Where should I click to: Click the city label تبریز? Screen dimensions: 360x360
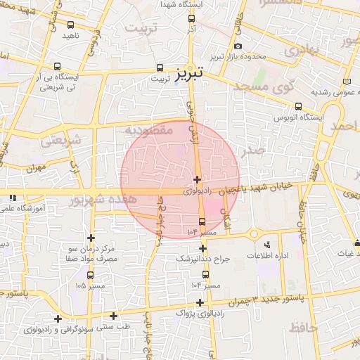click(189, 72)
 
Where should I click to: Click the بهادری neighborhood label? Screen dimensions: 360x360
click(303, 49)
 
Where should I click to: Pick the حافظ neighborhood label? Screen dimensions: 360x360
click(302, 327)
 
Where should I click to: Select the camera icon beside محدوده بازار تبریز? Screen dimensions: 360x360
click(238, 46)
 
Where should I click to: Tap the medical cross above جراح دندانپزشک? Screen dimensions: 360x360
click(202, 248)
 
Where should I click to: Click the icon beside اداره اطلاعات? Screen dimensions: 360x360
click(267, 243)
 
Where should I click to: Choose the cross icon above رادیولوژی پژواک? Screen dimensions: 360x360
click(200, 302)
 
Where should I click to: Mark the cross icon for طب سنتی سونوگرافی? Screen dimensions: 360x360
click(113, 316)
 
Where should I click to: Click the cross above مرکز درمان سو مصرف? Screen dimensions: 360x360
click(91, 238)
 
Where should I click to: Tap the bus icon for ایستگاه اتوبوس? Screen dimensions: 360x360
click(297, 108)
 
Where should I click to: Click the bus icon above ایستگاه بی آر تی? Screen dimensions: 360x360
click(58, 67)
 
